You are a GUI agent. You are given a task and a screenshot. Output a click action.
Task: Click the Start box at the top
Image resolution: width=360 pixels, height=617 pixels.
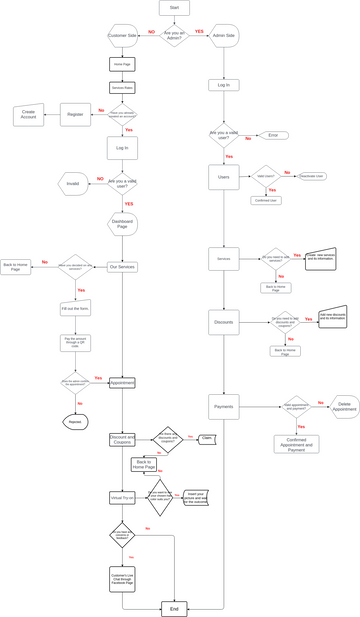[174, 8]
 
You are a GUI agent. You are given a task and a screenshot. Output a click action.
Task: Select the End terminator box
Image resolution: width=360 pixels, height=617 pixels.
[174, 608]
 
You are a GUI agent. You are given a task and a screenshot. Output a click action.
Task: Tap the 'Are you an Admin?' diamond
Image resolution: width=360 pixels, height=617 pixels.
[174, 35]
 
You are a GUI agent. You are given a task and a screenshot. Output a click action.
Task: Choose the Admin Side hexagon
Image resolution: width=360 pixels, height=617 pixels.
[224, 35]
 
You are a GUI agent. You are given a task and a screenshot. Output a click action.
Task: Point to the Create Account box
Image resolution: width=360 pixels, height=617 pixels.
[28, 115]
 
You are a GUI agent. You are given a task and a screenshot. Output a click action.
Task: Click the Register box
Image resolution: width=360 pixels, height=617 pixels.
[75, 115]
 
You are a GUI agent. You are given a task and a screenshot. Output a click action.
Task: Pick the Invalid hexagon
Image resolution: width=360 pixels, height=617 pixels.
[73, 184]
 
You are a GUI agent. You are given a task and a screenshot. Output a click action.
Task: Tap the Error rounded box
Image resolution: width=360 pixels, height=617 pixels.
[272, 135]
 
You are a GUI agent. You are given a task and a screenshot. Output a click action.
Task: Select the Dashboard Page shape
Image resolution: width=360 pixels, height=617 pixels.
[122, 223]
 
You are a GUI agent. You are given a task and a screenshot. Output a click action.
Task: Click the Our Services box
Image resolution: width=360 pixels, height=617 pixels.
[122, 267]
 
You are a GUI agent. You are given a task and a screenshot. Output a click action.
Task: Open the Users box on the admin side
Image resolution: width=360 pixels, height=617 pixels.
[224, 177]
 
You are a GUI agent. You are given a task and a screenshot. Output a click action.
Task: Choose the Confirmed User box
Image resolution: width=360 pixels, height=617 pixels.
[266, 200]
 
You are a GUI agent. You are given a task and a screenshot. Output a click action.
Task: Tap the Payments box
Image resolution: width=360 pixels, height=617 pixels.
[224, 406]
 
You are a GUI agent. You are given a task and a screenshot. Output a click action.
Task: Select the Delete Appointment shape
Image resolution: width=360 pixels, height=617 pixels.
[345, 406]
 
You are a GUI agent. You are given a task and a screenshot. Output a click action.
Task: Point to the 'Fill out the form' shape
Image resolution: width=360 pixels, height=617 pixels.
[75, 309]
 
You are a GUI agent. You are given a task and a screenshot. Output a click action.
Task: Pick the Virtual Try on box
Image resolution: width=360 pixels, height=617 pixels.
[122, 497]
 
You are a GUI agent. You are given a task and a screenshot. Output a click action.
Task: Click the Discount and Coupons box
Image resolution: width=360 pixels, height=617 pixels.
[122, 439]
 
